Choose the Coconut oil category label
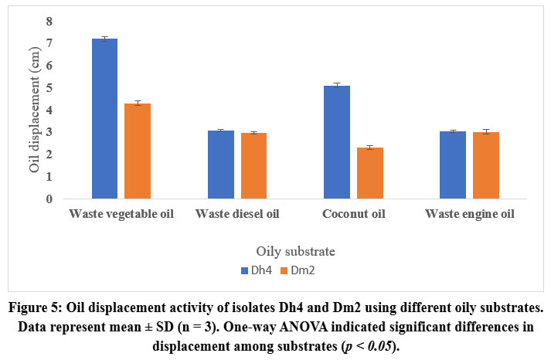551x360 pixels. [x=353, y=213]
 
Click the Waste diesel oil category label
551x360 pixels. [x=237, y=213]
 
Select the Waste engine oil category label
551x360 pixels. [x=470, y=213]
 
